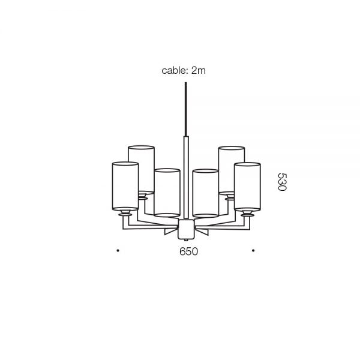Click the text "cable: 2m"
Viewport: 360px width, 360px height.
click(x=184, y=71)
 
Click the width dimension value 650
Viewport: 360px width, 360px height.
click(x=188, y=252)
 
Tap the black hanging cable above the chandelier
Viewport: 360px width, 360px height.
click(x=185, y=108)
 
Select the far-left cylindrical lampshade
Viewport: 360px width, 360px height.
click(x=125, y=186)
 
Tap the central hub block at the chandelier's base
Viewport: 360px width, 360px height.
click(x=185, y=228)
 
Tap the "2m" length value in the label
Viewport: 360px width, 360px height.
click(x=199, y=71)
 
